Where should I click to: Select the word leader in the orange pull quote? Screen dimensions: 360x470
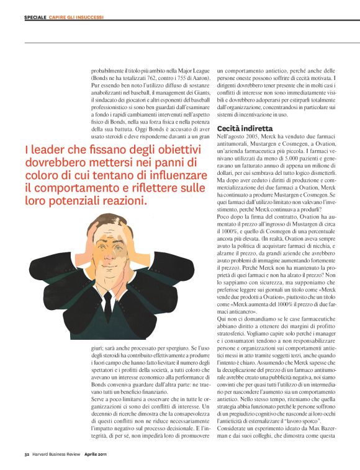51,149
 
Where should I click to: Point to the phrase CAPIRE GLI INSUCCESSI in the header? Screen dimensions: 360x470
77,18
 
